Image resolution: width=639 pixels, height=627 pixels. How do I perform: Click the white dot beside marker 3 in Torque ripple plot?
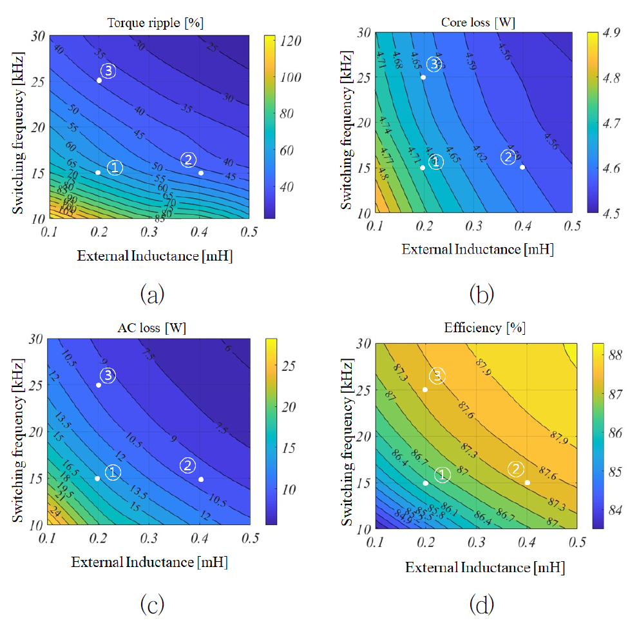point(99,80)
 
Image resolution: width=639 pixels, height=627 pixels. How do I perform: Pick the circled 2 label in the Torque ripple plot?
point(188,160)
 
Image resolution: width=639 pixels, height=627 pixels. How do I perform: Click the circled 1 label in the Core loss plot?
point(435,162)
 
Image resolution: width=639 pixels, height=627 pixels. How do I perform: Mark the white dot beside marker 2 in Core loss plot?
point(522,167)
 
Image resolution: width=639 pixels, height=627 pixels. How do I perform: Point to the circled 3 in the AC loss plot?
point(108,375)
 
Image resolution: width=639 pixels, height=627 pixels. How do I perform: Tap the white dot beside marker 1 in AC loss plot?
point(97,478)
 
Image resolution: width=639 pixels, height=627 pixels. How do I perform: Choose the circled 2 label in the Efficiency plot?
point(515,469)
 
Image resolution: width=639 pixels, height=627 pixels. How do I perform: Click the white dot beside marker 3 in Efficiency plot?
point(425,390)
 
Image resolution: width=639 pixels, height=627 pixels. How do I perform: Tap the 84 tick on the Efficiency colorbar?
point(617,510)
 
